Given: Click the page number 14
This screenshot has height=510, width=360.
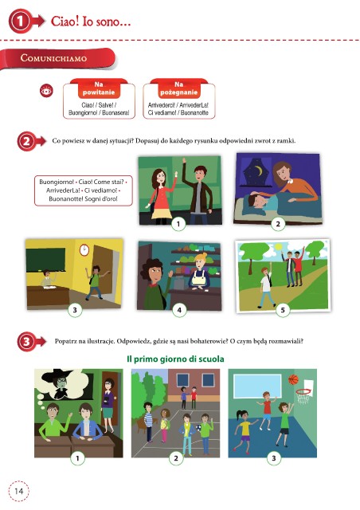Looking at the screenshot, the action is [19, 491].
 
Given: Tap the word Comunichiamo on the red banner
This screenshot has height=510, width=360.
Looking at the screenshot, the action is [53, 58].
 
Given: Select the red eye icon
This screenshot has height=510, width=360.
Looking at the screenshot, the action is [46, 91].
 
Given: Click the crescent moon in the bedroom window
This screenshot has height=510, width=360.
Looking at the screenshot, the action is [258, 170].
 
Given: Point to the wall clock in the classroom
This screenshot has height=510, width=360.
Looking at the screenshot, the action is [84, 249].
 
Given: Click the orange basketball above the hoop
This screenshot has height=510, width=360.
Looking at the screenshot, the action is [293, 379].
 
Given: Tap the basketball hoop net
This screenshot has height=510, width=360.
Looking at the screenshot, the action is [303, 397].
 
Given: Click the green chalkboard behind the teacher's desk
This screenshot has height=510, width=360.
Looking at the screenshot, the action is [45, 259].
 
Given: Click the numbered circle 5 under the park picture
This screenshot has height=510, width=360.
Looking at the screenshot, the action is [283, 310].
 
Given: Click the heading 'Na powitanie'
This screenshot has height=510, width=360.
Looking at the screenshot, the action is [99, 88].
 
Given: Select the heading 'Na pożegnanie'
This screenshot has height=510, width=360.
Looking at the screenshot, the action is [178, 88].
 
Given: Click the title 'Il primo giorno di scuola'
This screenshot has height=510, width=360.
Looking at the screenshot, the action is [175, 359].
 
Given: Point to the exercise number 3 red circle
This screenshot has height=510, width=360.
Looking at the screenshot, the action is [26, 341].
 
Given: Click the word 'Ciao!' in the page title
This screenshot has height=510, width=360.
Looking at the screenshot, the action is [65, 22].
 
